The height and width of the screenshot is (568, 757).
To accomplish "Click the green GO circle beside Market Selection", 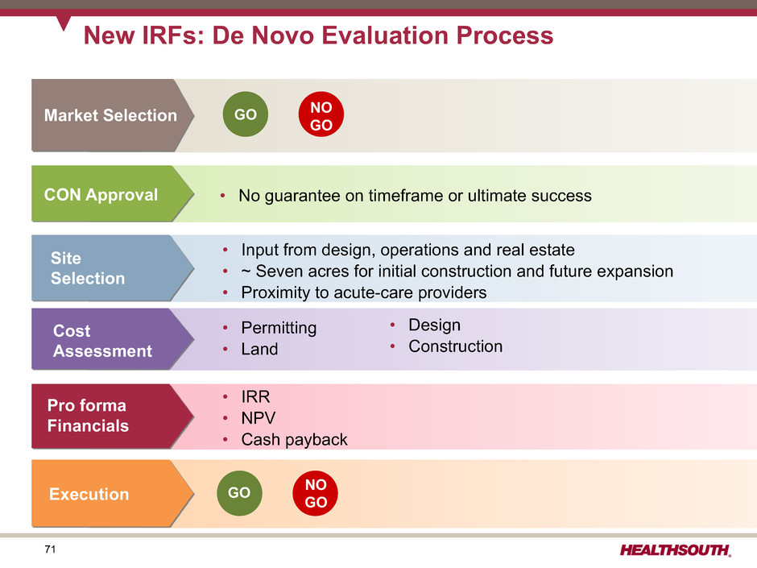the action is (246, 114).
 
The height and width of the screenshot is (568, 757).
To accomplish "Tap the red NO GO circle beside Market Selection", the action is (321, 114).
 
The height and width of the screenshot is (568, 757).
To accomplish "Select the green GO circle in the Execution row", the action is (239, 492).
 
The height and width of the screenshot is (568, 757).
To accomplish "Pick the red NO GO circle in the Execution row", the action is (315, 492).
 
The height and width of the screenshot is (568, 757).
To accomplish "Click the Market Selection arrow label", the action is (113, 115).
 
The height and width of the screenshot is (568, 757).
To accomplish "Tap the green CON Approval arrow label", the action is (113, 193).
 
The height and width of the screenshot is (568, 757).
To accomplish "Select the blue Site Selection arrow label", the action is (113, 268).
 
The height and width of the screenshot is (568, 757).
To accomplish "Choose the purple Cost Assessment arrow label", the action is (113, 339).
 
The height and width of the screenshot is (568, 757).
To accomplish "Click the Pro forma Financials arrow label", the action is (113, 416).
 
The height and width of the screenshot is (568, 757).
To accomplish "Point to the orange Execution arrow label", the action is (113, 493).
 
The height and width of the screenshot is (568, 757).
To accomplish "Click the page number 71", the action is (50, 549).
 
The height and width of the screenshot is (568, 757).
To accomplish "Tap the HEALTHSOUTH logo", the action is (676, 550).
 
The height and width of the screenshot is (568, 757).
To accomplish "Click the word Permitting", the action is (279, 328).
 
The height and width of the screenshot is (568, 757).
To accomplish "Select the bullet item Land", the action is (260, 349).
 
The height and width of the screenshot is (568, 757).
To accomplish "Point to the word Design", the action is (435, 325).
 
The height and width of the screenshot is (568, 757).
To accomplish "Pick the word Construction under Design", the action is (456, 346).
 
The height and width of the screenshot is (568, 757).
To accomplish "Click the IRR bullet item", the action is (256, 396).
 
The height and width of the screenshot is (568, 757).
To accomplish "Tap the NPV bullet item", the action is (259, 418).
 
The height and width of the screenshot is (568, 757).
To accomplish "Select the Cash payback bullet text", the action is (295, 440).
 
